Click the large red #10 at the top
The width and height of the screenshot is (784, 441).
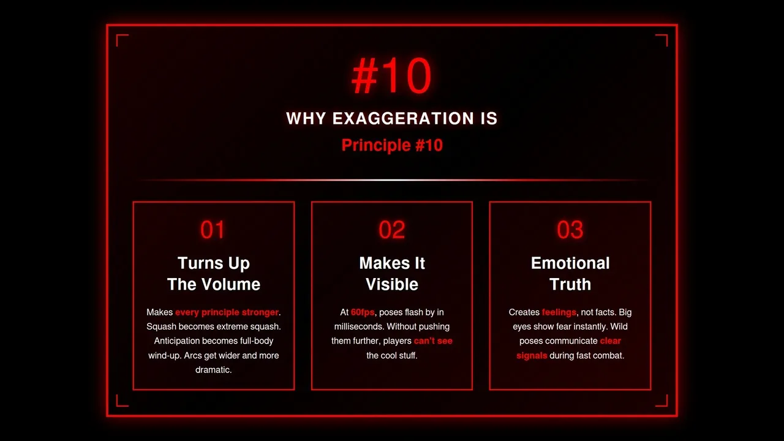(x=392, y=77)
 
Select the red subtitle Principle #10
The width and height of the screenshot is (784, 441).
(x=392, y=145)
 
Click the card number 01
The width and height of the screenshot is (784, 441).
(x=213, y=230)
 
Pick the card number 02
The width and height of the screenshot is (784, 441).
(x=392, y=230)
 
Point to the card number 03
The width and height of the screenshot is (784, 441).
(x=570, y=230)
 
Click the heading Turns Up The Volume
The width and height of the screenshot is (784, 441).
(x=214, y=274)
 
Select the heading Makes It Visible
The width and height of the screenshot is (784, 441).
(x=392, y=274)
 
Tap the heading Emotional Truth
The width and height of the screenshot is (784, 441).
(x=570, y=274)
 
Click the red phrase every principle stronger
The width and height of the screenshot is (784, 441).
(x=227, y=312)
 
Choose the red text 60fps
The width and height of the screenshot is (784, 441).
(x=363, y=312)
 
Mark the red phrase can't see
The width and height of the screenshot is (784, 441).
(x=433, y=341)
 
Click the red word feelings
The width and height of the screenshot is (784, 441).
(x=559, y=312)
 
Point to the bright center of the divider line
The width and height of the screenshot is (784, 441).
(x=392, y=180)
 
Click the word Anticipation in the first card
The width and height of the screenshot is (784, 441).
(x=177, y=341)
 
